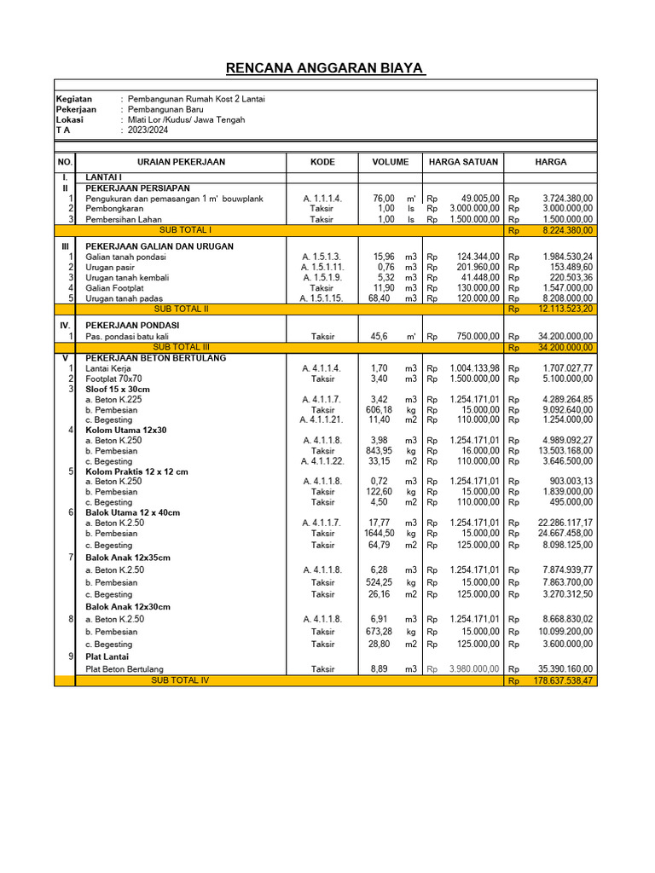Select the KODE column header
pos(322,162)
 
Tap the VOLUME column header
pos(390,162)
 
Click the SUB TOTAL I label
pos(185,230)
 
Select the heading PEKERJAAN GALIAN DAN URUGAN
pos(159,246)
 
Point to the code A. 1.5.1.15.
pos(321,298)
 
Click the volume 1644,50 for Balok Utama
pos(380,533)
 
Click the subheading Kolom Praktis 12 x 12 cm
pos(136,471)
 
